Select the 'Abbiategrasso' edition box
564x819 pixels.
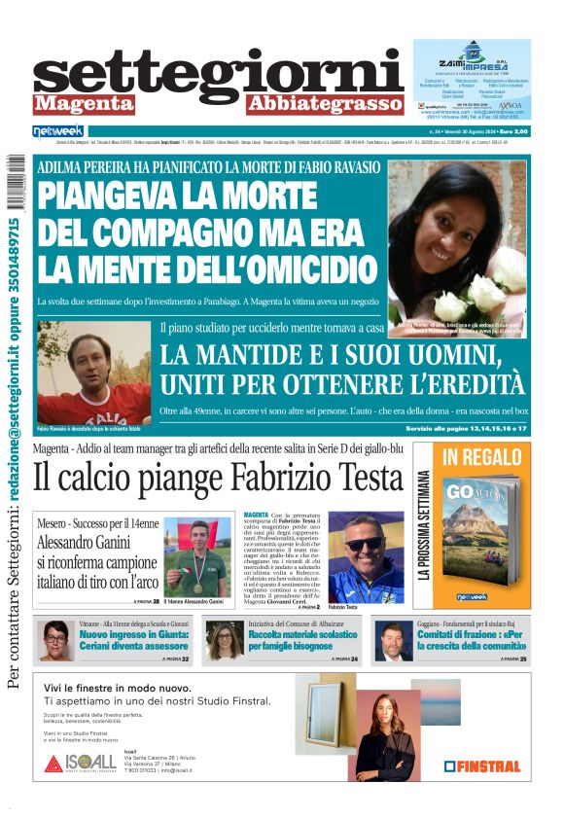(325, 104)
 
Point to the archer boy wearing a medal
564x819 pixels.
(197, 553)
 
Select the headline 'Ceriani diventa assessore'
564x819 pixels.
(134, 646)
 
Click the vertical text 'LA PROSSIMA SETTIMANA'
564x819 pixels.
(425, 525)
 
